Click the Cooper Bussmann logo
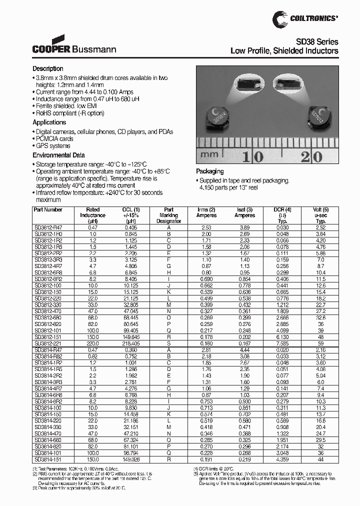[74, 45]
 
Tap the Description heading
[48, 68]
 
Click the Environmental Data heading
[58, 155]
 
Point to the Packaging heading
[209, 171]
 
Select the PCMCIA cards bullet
[54, 138]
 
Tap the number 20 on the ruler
[310, 156]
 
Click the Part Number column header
[48, 210]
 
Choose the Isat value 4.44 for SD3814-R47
[243, 350]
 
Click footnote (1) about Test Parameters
[72, 469]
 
